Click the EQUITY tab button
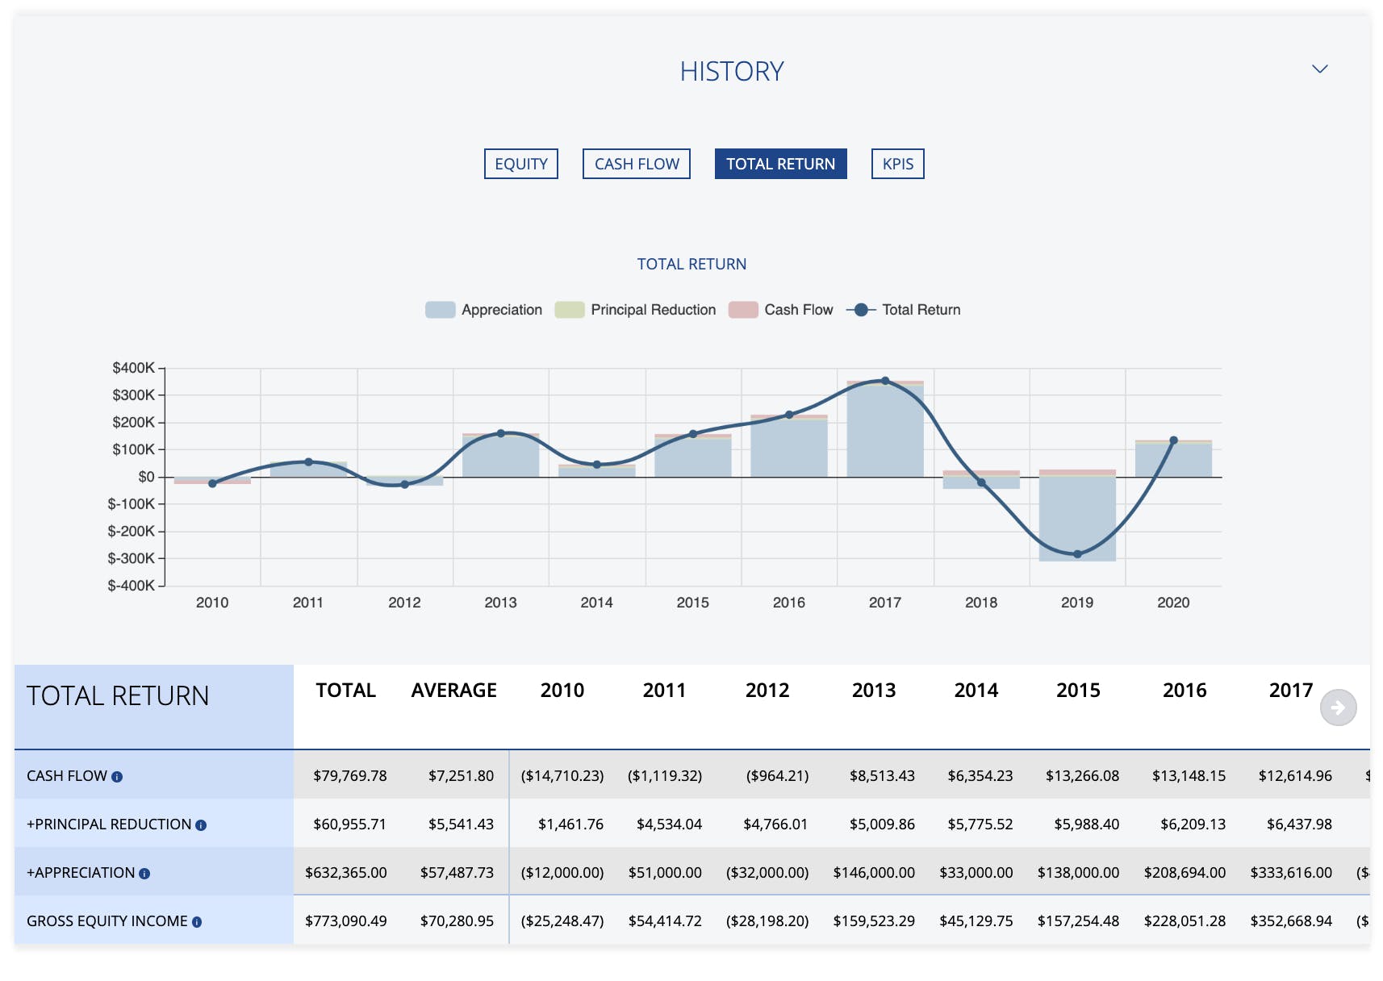click(520, 164)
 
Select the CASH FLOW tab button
click(637, 164)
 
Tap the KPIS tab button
click(897, 164)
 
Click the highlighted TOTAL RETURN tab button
click(780, 164)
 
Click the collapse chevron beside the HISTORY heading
click(1319, 69)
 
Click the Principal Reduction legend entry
click(636, 310)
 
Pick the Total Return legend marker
click(861, 310)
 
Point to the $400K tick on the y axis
click(134, 368)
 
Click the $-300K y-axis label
click(132, 558)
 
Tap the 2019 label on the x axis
click(1076, 603)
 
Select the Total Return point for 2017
click(885, 381)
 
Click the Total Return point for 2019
click(1077, 554)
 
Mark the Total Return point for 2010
click(212, 484)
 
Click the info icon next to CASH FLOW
click(117, 777)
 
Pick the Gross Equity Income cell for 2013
click(874, 920)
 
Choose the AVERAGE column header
click(453, 691)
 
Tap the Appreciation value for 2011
click(665, 872)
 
